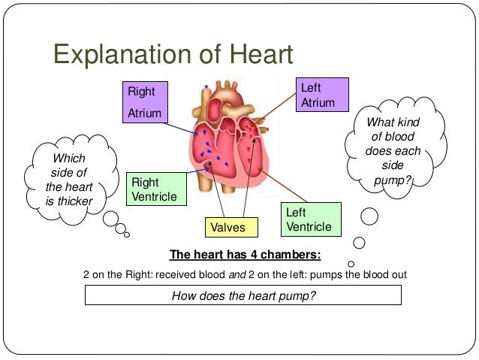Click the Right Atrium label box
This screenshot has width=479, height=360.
148,102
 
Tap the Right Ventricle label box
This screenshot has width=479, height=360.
157,189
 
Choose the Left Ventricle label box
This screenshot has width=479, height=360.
311,219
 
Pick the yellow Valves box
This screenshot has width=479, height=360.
228,226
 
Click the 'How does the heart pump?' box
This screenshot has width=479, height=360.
243,295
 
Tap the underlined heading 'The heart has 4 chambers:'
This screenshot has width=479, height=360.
246,253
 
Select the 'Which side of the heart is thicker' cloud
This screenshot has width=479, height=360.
69,180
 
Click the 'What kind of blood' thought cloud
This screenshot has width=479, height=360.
387,150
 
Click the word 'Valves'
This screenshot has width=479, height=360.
228,226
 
